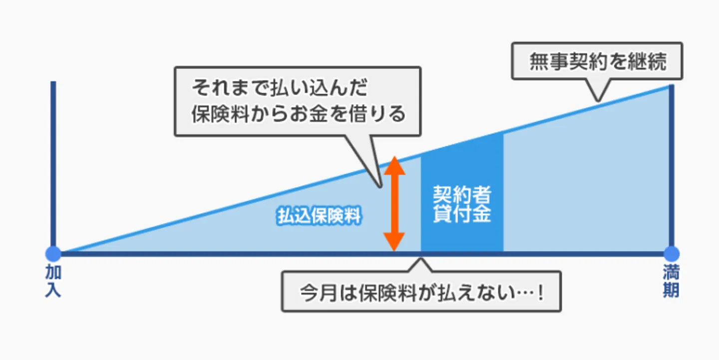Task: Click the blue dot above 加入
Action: coord(53,254)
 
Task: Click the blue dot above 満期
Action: coord(671,254)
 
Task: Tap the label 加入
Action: coord(53,281)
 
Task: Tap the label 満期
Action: coord(671,281)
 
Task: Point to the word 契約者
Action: coord(462,195)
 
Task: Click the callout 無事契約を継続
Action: coord(597,61)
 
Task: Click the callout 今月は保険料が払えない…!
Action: coord(421,292)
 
